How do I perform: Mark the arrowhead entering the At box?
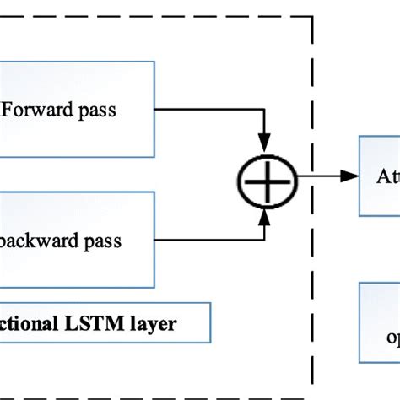click(x=349, y=176)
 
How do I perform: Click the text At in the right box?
click(x=382, y=177)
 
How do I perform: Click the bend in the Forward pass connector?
click(x=266, y=109)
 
